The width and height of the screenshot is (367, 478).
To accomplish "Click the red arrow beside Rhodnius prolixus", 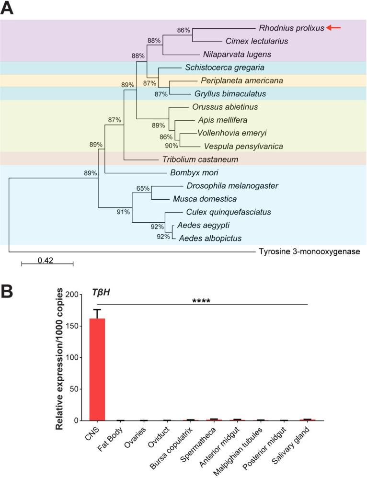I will tap(333, 28).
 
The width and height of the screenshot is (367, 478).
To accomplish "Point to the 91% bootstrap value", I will tap(124, 212).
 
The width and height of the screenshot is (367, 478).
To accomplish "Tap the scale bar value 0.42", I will tap(46, 260).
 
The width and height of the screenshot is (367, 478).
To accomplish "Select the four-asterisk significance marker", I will tap(201, 301).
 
